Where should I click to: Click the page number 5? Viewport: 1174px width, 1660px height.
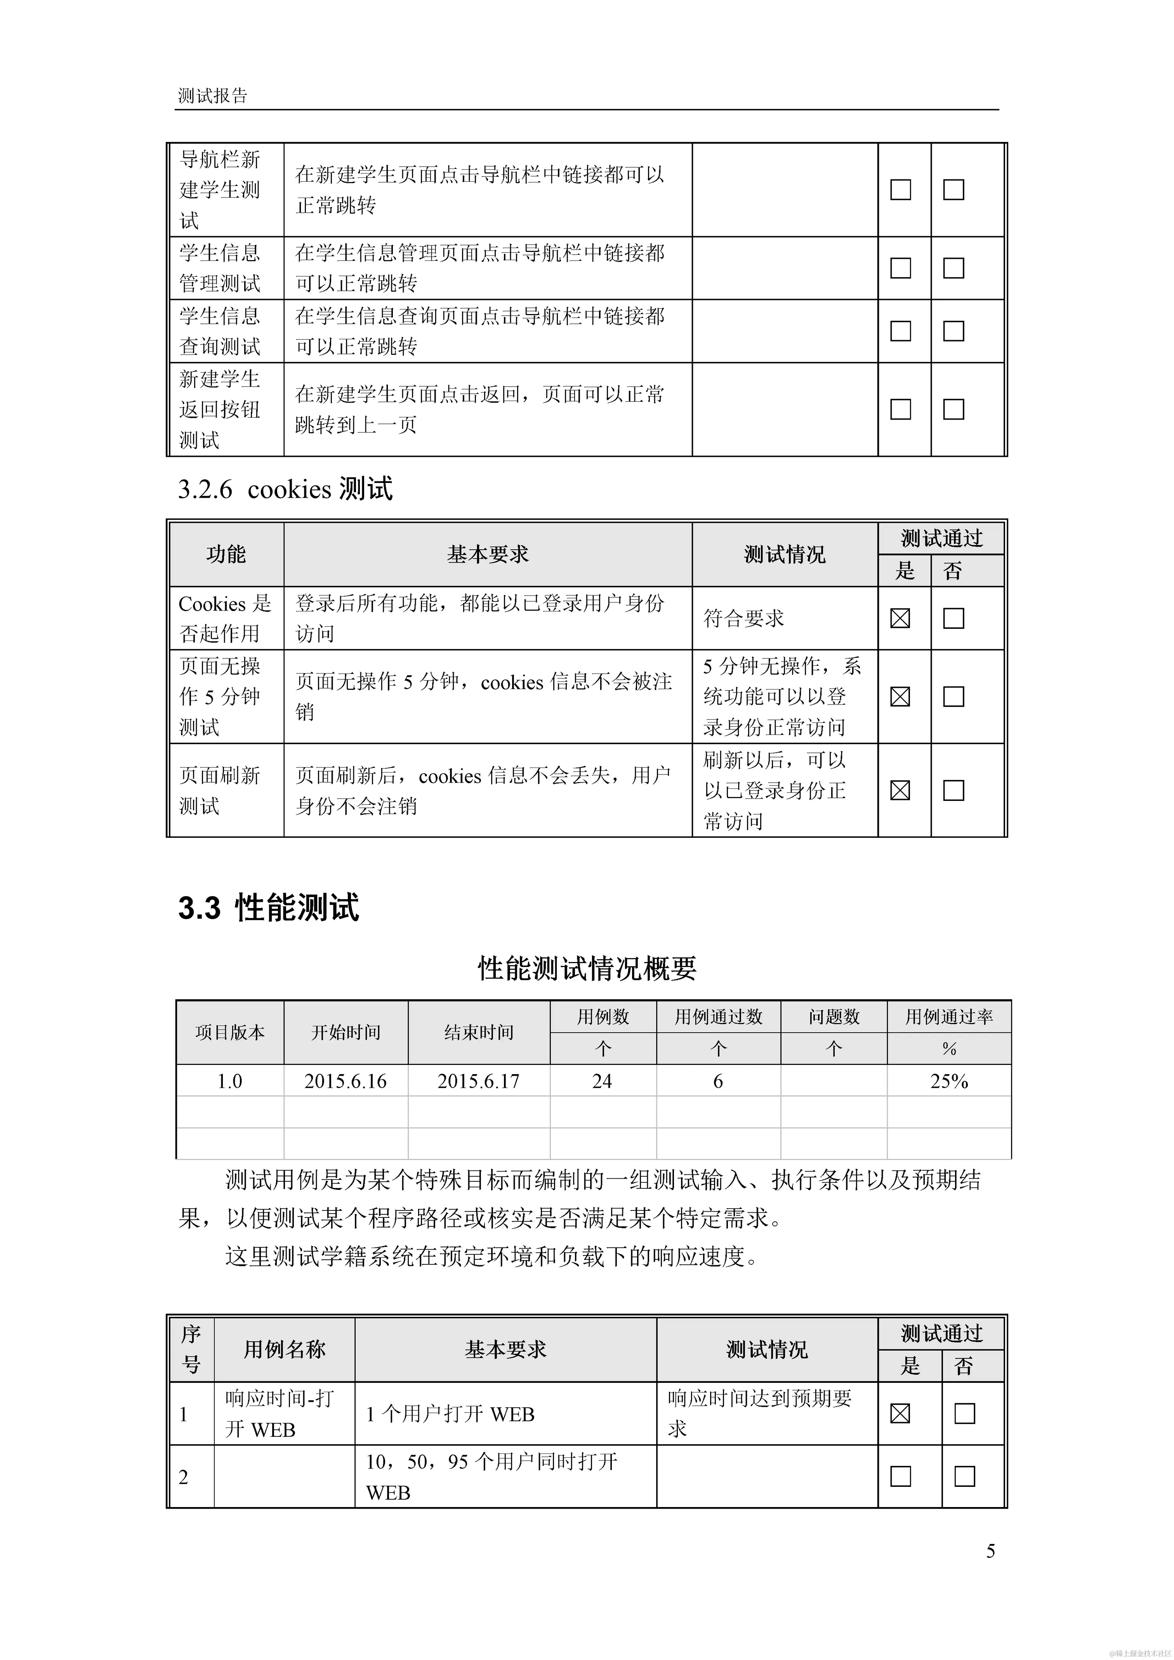990,1551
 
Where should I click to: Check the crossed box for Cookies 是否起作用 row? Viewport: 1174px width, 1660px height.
900,618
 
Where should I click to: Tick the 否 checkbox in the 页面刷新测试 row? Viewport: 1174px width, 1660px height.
953,790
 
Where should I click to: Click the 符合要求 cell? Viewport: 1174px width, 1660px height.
744,618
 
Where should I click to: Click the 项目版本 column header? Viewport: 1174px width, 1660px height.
230,1032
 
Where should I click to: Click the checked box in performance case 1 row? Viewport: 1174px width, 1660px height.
900,1413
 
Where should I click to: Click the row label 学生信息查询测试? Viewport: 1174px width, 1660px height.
220,331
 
